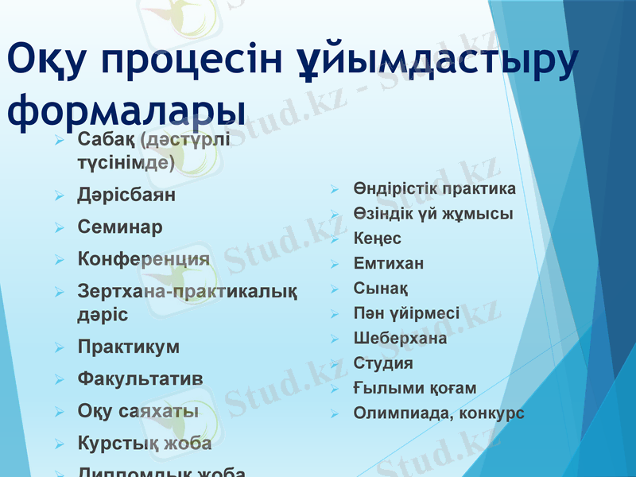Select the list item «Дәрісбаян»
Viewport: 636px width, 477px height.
click(126, 195)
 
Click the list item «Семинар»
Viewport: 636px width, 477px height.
click(120, 227)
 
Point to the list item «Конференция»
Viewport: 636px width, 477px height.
click(144, 259)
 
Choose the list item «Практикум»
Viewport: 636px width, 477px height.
click(129, 347)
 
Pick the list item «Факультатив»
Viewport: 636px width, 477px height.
click(140, 378)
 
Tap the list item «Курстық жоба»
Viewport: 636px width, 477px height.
click(145, 443)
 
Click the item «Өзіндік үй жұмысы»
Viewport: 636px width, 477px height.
click(433, 214)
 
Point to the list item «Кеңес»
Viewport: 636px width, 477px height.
click(378, 238)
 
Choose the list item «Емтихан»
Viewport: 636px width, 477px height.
click(389, 263)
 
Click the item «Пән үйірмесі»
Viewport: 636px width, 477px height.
click(406, 313)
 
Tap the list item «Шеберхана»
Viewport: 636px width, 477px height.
click(400, 339)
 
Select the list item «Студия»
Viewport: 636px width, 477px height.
click(383, 363)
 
